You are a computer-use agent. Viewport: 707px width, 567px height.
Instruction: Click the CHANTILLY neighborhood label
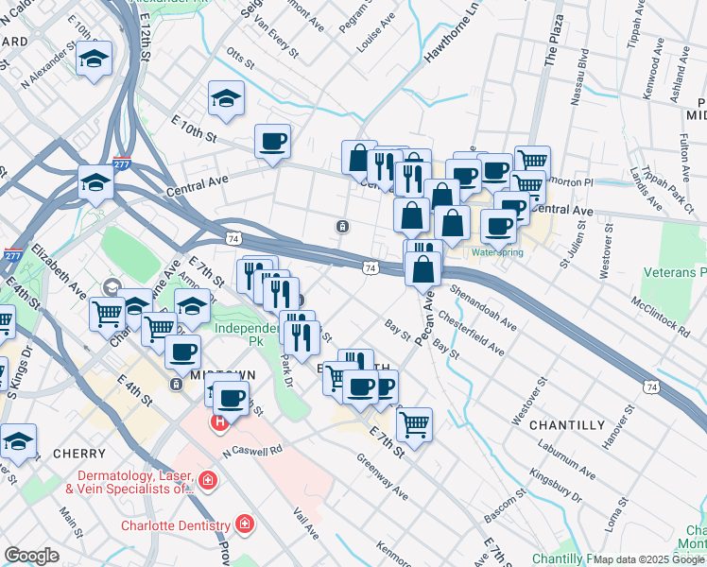pos(566,425)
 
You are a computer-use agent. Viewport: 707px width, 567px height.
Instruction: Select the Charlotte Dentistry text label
pos(175,525)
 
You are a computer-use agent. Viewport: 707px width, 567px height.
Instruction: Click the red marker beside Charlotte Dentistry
pos(244,524)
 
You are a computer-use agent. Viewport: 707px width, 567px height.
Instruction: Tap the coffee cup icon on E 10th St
pos(272,142)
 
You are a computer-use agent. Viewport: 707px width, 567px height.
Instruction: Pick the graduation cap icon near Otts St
pos(226,98)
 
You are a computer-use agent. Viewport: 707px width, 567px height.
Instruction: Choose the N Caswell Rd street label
pos(252,451)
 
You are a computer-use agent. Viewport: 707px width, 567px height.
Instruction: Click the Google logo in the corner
pos(31,556)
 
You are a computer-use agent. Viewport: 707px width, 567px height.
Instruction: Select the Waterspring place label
pos(496,252)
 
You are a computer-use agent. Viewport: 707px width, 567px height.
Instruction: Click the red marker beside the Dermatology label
pos(209,483)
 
